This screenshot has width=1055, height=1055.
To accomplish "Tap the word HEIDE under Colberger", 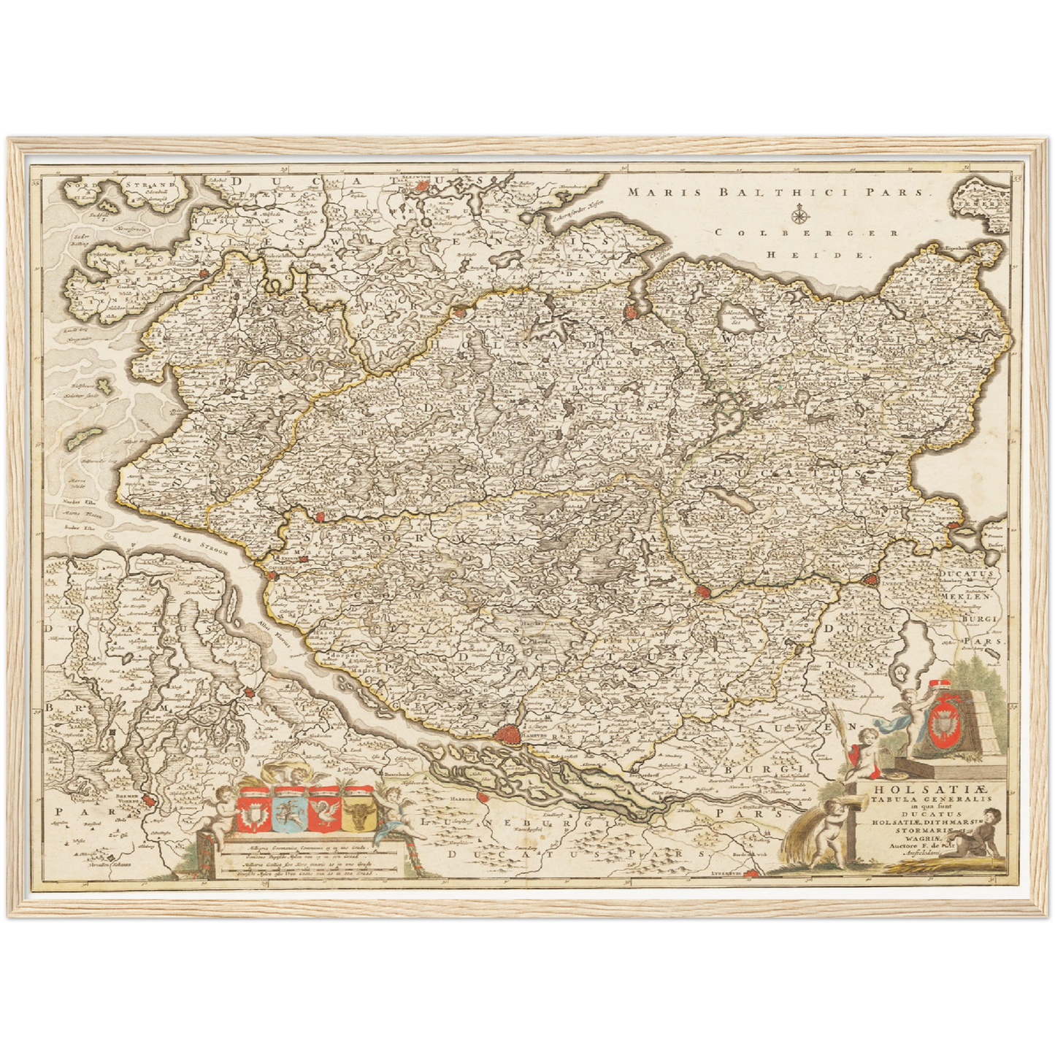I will (x=819, y=256).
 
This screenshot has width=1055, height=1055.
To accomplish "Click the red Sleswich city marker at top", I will (x=422, y=187).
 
